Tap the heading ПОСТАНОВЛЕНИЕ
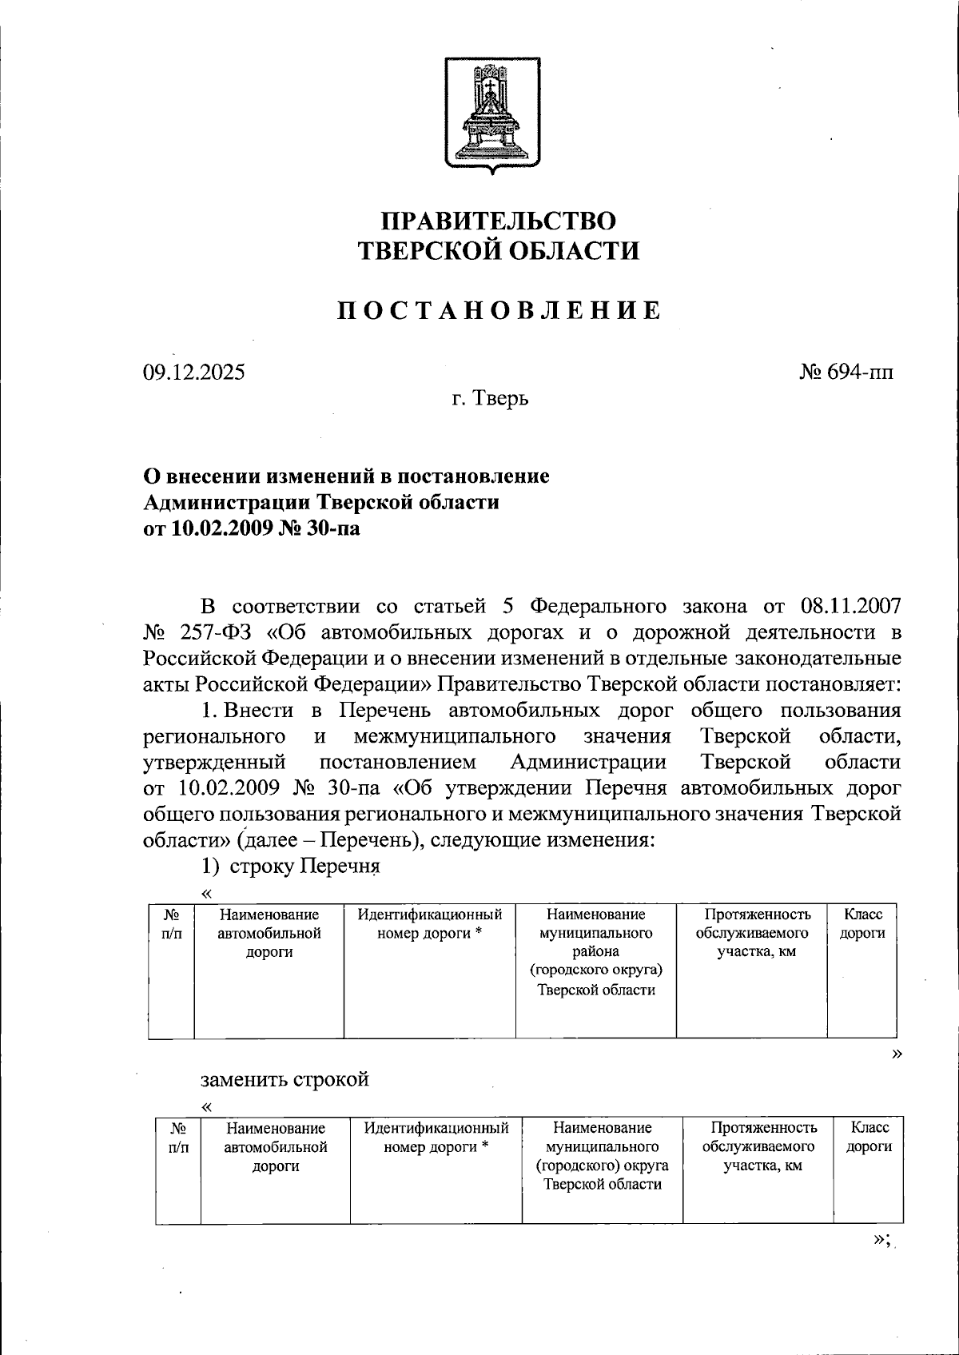coord(497,311)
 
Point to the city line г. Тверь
coord(489,397)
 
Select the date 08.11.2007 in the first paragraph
coord(850,605)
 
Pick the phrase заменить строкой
coord(285,1079)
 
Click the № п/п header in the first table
coord(170,923)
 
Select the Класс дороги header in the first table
coord(863,923)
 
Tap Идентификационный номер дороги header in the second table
coord(436,1137)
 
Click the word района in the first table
coord(595,951)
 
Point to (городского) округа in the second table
coord(603,1166)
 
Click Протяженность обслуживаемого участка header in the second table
coord(763,1146)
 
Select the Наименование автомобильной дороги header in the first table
coord(269,933)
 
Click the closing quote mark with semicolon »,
coord(881,1239)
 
